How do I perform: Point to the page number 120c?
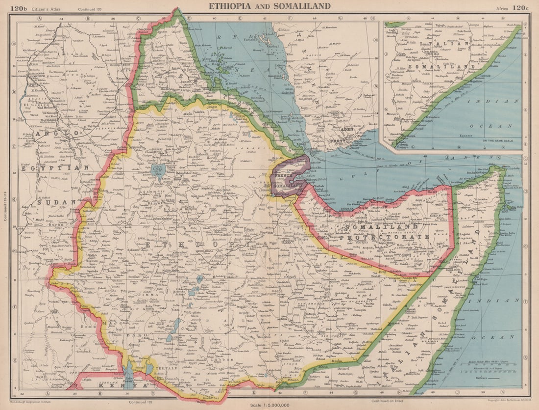(x=520, y=8)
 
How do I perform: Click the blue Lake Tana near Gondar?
(x=158, y=170)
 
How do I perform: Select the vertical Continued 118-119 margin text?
(x=5, y=206)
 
